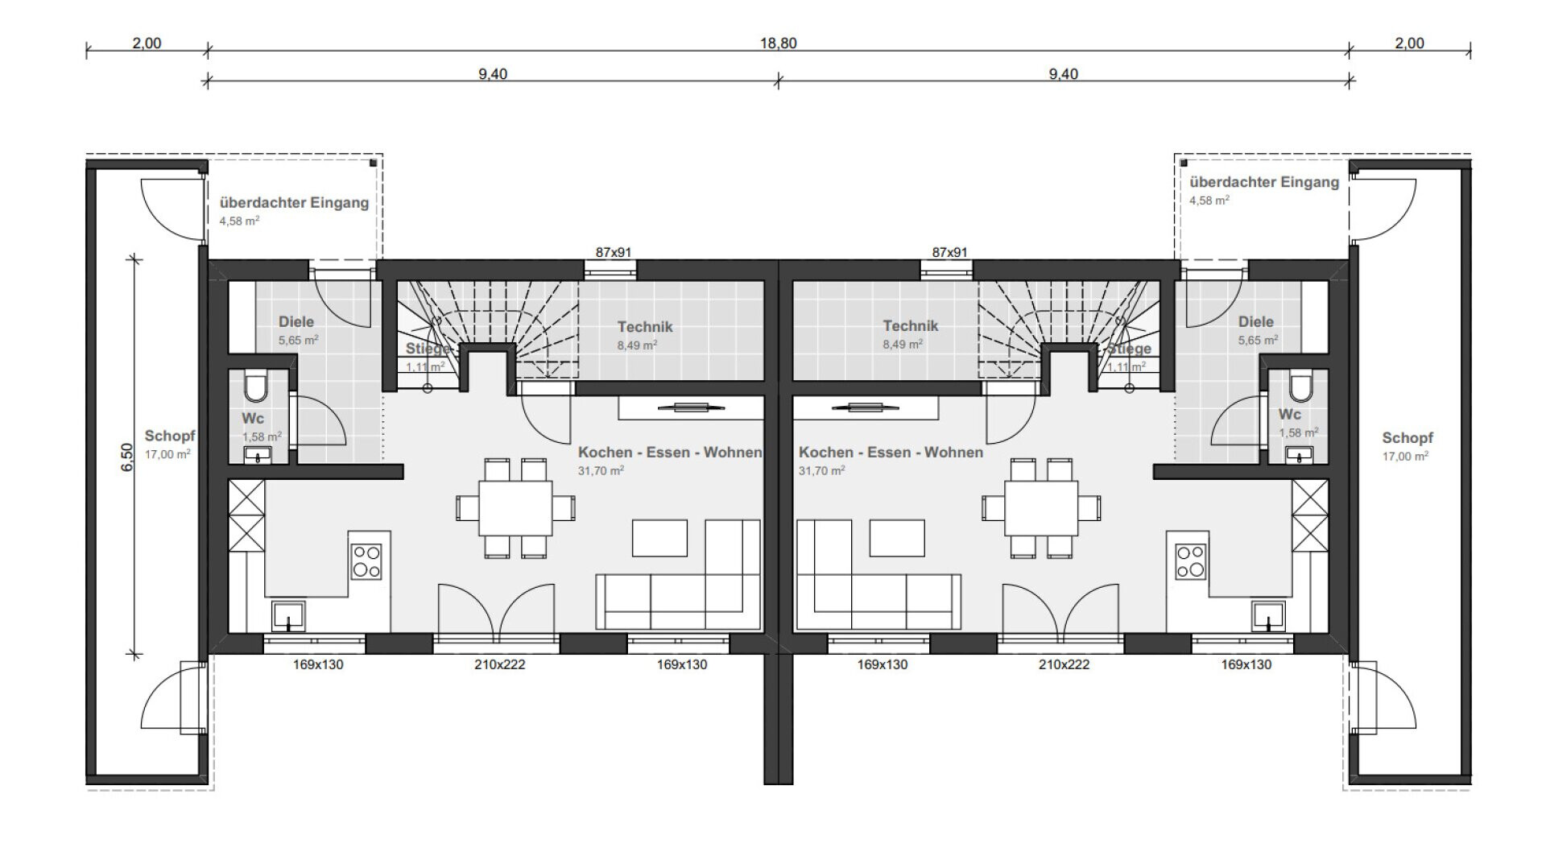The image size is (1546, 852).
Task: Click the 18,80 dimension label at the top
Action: (x=778, y=43)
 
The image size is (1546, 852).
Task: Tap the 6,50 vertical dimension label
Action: (x=127, y=457)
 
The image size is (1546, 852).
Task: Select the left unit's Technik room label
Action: (x=645, y=327)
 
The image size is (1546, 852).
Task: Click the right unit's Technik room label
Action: (x=911, y=326)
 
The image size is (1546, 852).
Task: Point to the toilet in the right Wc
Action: (x=1300, y=387)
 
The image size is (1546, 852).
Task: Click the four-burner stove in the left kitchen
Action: (x=366, y=561)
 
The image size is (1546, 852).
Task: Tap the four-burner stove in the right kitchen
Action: (x=1191, y=561)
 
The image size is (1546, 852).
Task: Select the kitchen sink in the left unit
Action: (x=288, y=616)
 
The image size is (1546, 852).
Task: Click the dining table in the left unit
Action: (x=515, y=508)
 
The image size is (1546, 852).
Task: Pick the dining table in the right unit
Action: (x=1041, y=508)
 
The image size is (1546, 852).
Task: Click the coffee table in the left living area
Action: (x=659, y=538)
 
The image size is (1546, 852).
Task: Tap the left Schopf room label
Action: (x=170, y=436)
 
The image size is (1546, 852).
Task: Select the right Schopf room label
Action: (x=1408, y=438)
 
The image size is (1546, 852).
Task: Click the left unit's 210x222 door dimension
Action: (x=500, y=665)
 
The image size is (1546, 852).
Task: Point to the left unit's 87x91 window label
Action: (x=614, y=253)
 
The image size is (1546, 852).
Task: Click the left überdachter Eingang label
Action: (x=294, y=203)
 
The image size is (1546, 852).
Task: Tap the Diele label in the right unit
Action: (x=1256, y=322)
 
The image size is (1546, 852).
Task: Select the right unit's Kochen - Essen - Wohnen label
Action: (x=891, y=453)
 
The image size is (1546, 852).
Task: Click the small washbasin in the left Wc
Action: (x=258, y=456)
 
